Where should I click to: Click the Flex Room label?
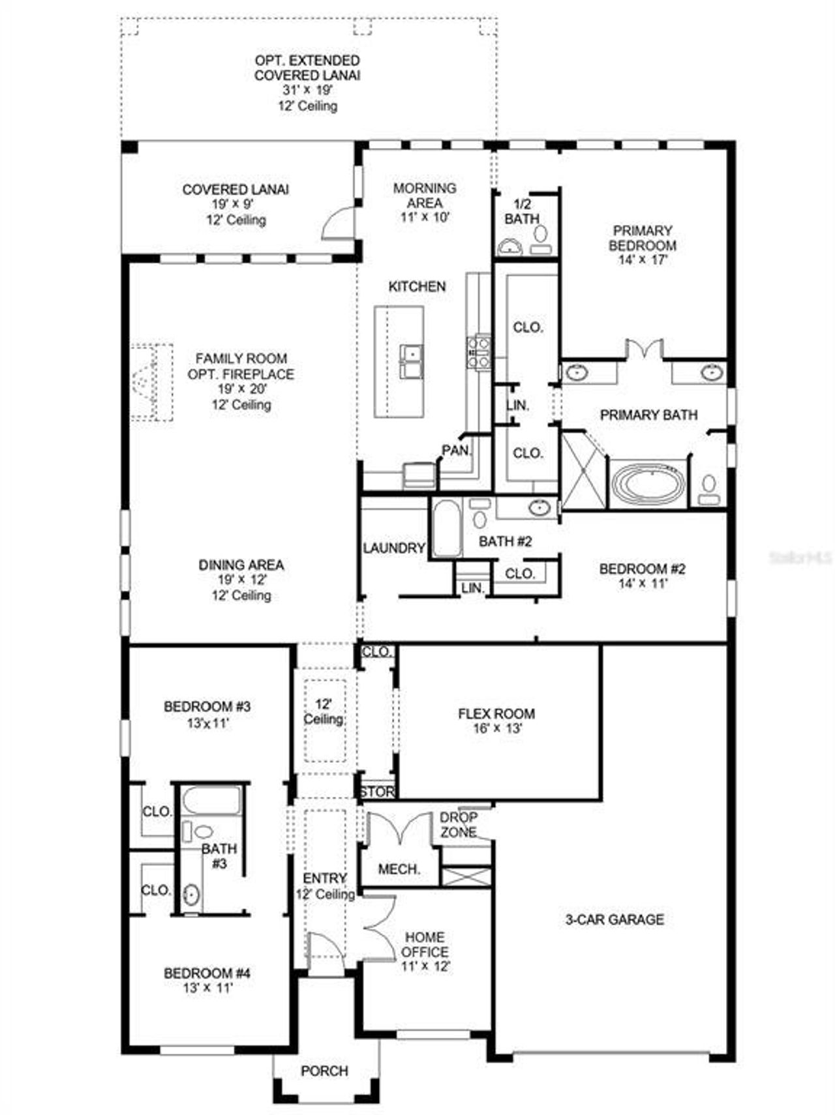click(496, 713)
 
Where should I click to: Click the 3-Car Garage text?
click(614, 919)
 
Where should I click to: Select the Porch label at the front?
click(324, 1071)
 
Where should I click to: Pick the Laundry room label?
click(393, 548)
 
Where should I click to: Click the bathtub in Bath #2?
click(446, 528)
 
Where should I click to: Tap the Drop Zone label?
click(458, 825)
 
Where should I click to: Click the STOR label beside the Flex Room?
click(378, 792)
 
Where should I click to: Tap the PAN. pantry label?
click(457, 450)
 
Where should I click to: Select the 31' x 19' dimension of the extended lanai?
click(307, 90)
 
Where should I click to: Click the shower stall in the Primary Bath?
click(583, 469)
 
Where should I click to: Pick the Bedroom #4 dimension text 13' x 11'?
click(207, 988)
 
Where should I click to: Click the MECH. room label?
click(399, 869)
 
